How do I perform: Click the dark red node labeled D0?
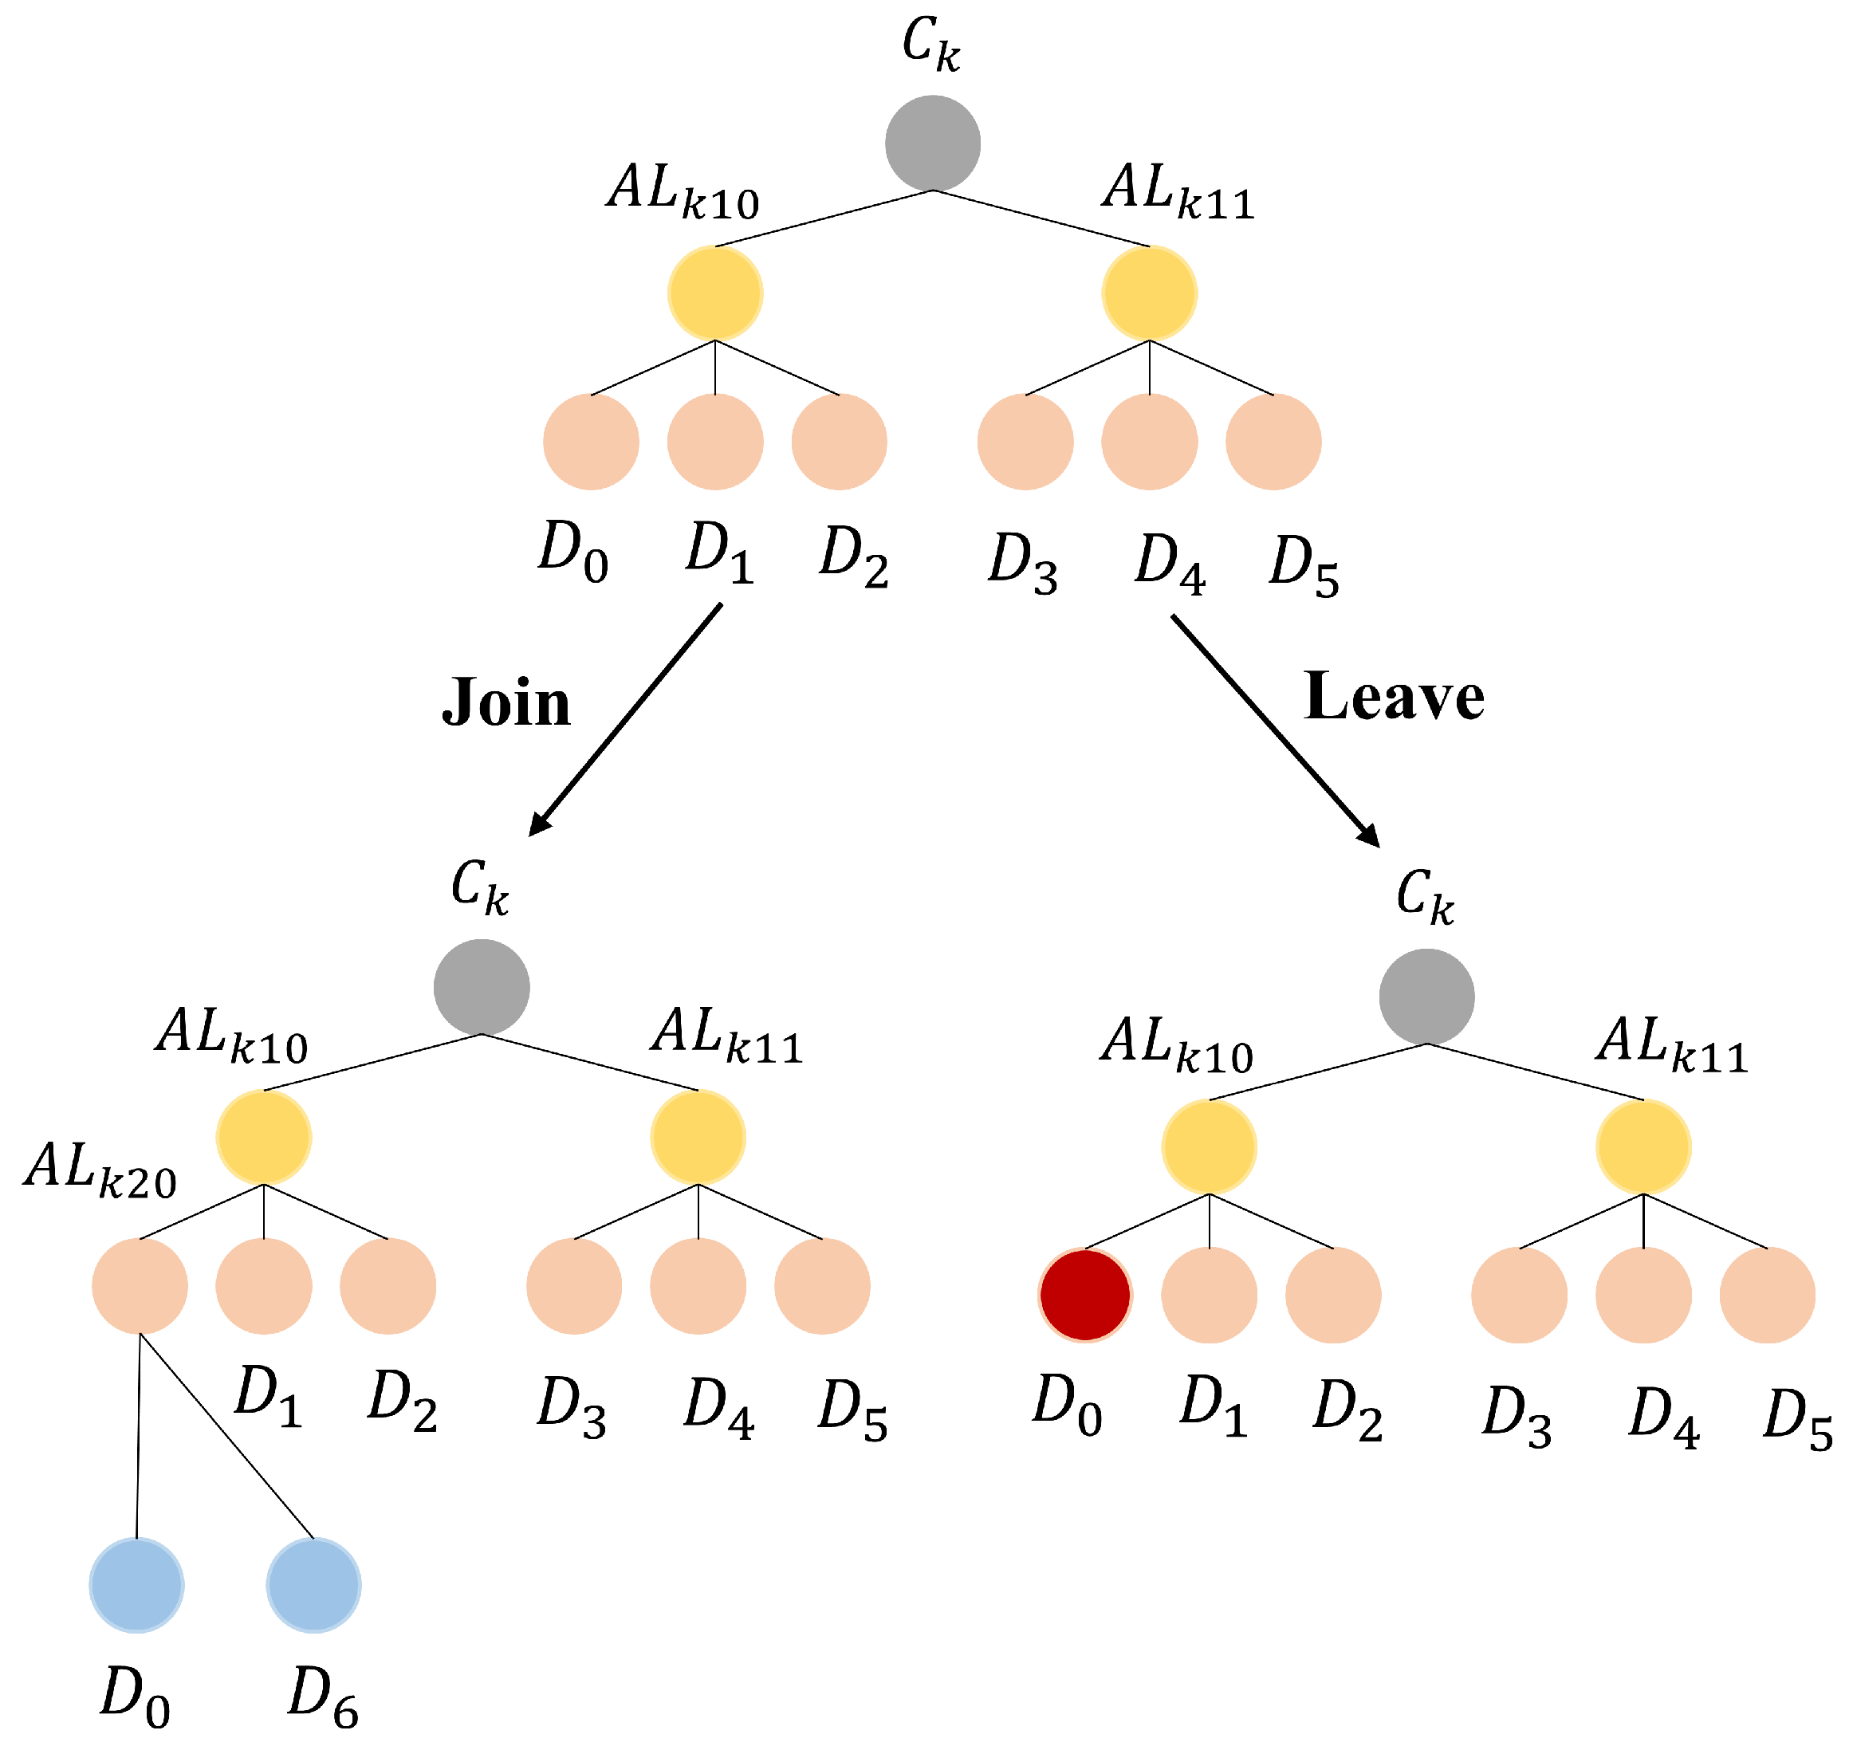click(1085, 1295)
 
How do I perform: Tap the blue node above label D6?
click(313, 1585)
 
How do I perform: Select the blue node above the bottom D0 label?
click(136, 1585)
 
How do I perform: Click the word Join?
click(506, 704)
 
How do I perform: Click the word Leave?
click(1394, 698)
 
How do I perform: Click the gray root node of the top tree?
click(932, 143)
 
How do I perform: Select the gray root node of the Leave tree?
click(1426, 997)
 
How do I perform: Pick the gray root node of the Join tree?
click(481, 987)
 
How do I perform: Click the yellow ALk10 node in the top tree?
click(715, 293)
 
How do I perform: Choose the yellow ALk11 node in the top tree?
click(1149, 293)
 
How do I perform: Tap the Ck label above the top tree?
click(930, 45)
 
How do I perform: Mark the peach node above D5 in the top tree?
click(1273, 442)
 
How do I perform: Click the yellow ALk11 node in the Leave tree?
click(1643, 1146)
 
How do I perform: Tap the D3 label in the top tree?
click(1022, 564)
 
